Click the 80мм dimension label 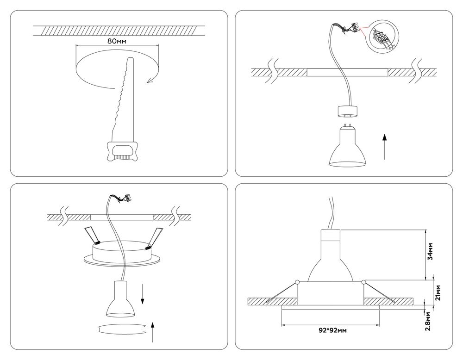(117, 41)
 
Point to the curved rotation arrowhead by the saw (150, 81)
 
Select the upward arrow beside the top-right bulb (385, 146)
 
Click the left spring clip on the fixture (93, 236)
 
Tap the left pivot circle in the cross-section (297, 281)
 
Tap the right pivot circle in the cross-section (364, 281)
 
